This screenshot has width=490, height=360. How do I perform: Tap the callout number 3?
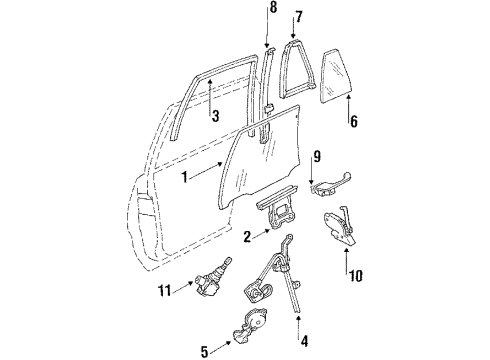tap(214, 116)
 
